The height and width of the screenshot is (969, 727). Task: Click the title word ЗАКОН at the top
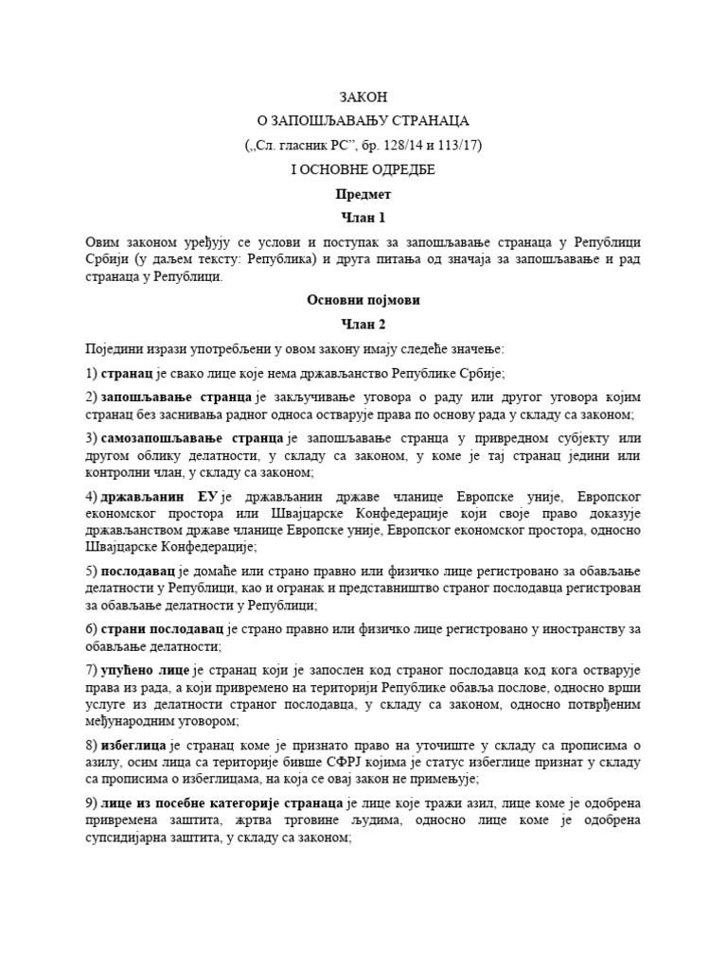[363, 97]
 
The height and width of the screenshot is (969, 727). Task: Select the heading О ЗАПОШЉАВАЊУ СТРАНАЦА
[363, 121]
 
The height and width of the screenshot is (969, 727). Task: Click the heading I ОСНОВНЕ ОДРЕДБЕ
[363, 170]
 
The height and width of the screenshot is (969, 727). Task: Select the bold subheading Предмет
[363, 195]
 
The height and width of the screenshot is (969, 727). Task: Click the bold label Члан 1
[363, 219]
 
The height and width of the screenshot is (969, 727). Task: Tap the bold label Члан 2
[363, 325]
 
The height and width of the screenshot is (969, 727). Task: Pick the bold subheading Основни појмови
[363, 300]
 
